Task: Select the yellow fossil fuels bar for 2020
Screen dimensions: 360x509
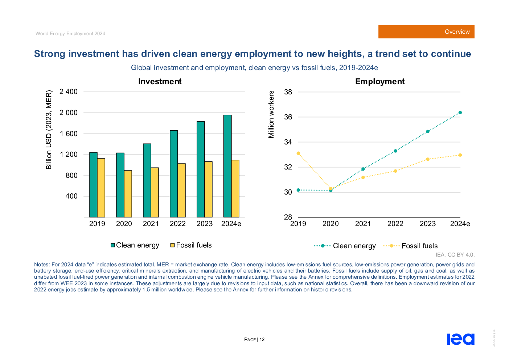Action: pyautogui.click(x=128, y=194)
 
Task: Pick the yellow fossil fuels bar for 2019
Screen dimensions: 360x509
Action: pyautogui.click(x=101, y=188)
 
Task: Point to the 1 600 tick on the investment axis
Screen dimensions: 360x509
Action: pyautogui.click(x=69, y=134)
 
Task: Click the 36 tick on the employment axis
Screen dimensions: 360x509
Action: pyautogui.click(x=288, y=117)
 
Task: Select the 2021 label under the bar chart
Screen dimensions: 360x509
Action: pyautogui.click(x=151, y=224)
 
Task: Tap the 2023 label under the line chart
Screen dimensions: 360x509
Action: pyautogui.click(x=427, y=224)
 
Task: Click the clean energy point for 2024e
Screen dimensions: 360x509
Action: pyautogui.click(x=460, y=112)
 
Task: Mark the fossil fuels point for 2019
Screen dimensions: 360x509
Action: pyautogui.click(x=298, y=153)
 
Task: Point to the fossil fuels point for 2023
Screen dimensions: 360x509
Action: pyautogui.click(x=428, y=159)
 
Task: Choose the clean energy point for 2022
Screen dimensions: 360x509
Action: pyautogui.click(x=395, y=151)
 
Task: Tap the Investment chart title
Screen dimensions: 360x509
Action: pyautogui.click(x=160, y=82)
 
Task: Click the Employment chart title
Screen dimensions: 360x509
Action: pyautogui.click(x=380, y=82)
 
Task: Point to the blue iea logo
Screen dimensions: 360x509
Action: pyautogui.click(x=460, y=339)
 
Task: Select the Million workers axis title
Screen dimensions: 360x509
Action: pyautogui.click(x=271, y=115)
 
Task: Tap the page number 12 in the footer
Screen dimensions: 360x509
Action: pyautogui.click(x=262, y=340)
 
